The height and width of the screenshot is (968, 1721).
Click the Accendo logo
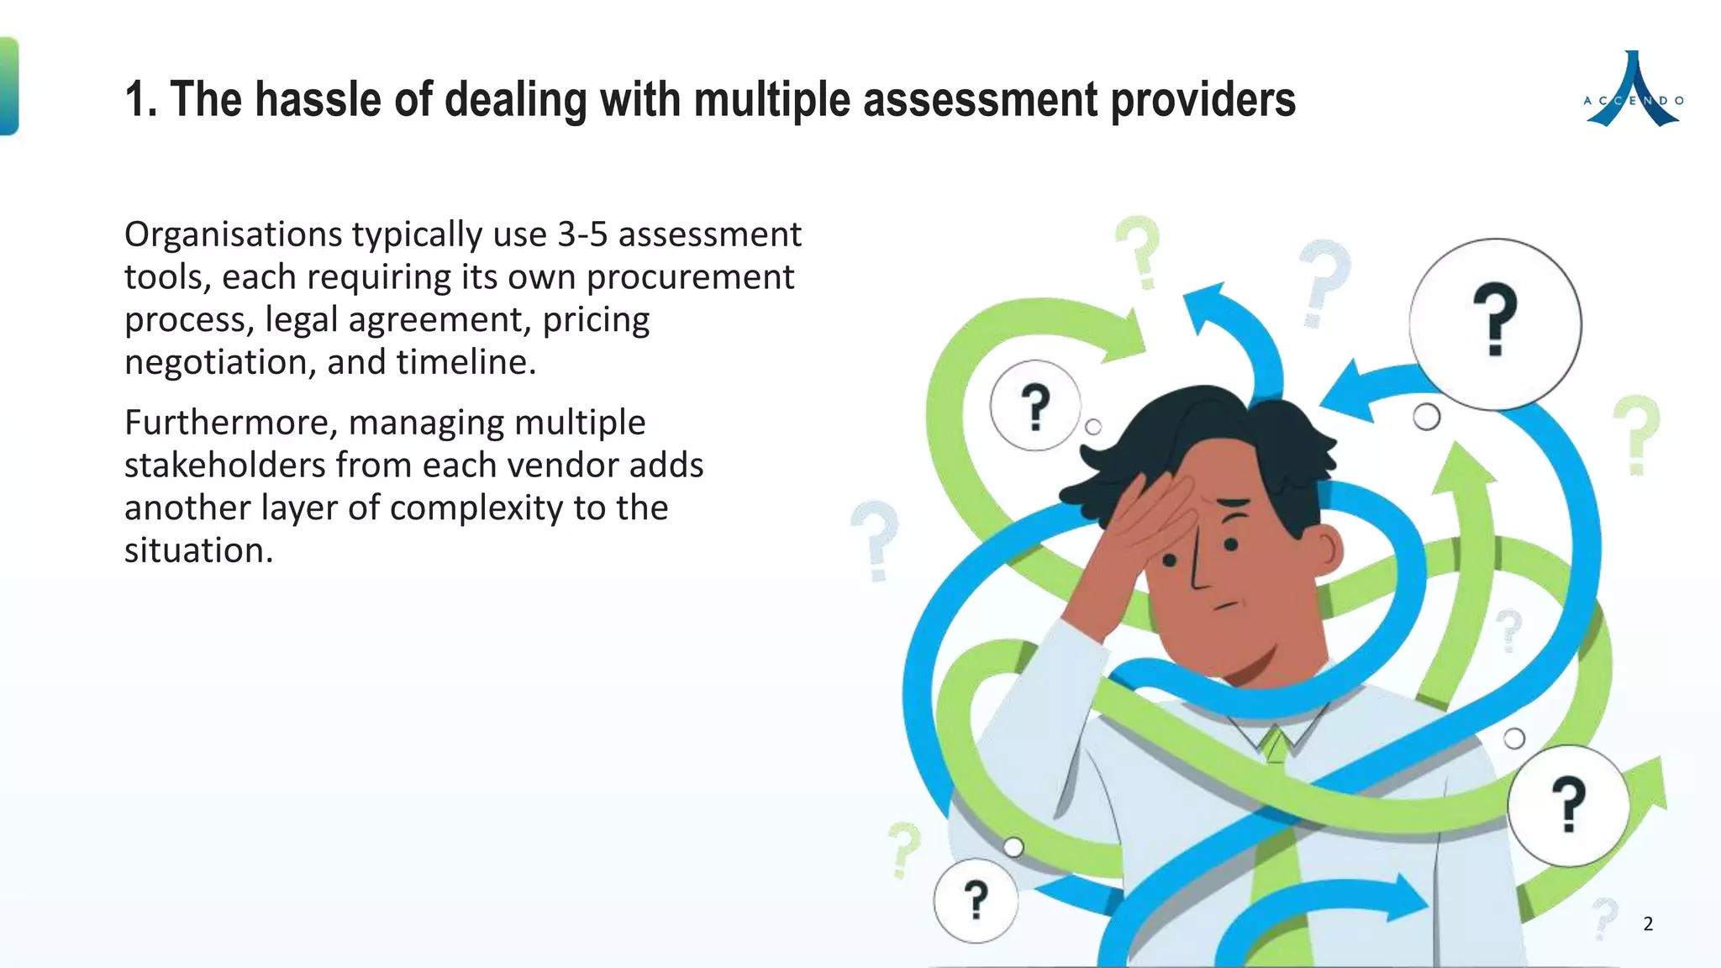(1633, 90)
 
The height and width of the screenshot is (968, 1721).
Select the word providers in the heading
(1203, 100)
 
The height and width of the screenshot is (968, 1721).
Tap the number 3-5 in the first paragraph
(582, 234)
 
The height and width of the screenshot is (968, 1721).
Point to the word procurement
(690, 277)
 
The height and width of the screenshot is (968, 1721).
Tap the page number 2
(1648, 924)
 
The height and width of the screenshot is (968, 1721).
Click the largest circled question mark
(1495, 324)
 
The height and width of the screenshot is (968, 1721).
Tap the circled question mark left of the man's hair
(1034, 406)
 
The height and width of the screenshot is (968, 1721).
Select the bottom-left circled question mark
(976, 901)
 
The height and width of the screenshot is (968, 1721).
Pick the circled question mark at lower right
(1568, 805)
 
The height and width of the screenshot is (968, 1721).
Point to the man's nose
(1197, 571)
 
